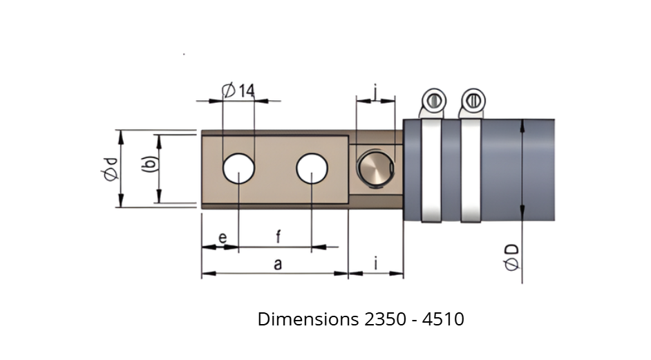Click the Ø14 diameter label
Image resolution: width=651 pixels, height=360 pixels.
point(238,90)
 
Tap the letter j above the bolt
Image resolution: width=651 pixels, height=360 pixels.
point(375,92)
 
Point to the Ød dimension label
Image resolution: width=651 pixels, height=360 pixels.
point(111,169)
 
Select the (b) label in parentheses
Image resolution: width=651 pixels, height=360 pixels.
point(150,164)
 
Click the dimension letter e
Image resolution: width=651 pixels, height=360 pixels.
point(223,238)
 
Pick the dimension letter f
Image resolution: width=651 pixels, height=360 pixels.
point(279,237)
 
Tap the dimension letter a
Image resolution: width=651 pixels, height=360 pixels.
point(278,264)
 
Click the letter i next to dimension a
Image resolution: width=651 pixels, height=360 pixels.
point(376,263)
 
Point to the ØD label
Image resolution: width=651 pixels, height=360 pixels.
point(511,257)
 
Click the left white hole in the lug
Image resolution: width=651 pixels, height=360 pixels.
point(238,168)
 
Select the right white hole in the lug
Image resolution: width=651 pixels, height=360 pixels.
point(312,168)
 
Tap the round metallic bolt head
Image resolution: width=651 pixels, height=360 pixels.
point(375,169)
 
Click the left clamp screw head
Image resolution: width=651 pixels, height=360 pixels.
point(434,100)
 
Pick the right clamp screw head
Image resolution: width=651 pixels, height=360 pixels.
point(473,100)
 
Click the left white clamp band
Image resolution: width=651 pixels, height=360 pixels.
point(431,170)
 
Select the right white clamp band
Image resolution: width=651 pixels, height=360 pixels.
point(471,170)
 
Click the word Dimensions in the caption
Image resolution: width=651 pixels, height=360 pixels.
point(308,319)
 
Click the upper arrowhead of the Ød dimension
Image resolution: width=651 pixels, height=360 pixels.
point(121,137)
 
